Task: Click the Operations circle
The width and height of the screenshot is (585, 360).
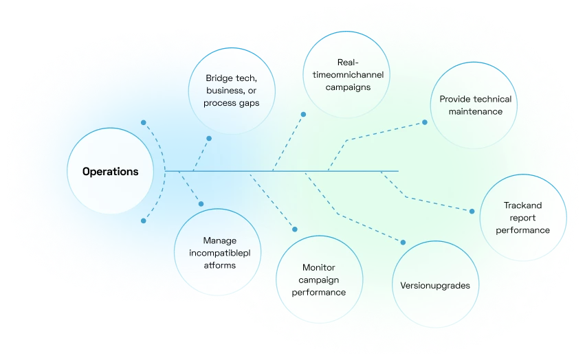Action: click(x=110, y=171)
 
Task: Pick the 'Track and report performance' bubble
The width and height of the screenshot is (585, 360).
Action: click(x=522, y=218)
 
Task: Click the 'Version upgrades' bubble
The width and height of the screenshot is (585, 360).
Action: click(x=434, y=284)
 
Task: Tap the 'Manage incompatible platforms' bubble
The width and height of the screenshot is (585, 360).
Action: click(x=219, y=253)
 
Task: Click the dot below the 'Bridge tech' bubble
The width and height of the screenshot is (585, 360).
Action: click(x=209, y=138)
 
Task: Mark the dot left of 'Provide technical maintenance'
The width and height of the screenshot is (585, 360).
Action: click(x=425, y=122)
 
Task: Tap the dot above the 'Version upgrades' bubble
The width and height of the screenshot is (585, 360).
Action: click(x=403, y=242)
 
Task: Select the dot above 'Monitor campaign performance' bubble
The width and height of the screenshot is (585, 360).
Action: click(x=295, y=229)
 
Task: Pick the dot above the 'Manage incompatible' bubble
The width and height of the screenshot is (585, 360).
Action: click(x=201, y=203)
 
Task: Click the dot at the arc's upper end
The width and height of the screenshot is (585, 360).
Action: click(x=143, y=122)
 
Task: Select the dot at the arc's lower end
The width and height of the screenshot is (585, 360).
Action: click(x=143, y=221)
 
